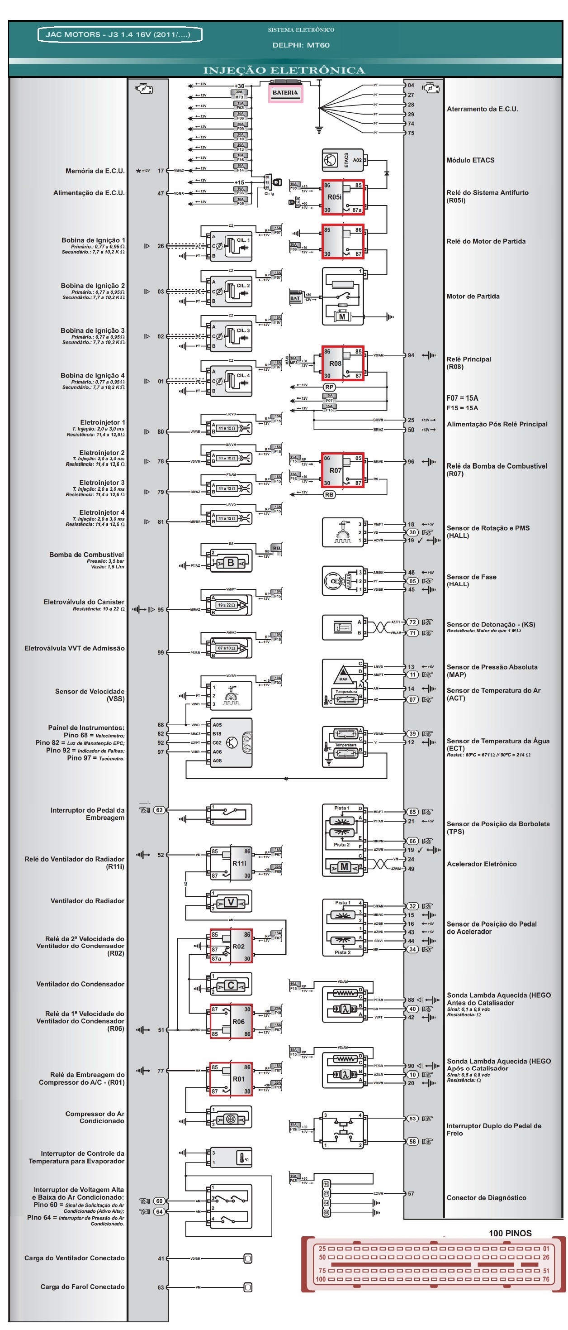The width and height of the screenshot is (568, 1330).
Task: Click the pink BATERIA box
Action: [x=285, y=93]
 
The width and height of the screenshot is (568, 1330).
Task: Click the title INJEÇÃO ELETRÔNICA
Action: [x=284, y=70]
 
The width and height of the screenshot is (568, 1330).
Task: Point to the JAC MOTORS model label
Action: [x=120, y=34]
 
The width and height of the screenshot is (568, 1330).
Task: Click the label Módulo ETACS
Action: [x=470, y=160]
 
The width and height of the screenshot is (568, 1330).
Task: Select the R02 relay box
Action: [x=230, y=946]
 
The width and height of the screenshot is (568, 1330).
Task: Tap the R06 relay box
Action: [x=230, y=1021]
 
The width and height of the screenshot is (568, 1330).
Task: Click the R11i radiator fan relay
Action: [x=230, y=863]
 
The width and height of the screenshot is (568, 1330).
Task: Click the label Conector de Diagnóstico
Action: [x=486, y=1197]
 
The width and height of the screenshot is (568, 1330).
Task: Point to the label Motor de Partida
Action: [x=473, y=297]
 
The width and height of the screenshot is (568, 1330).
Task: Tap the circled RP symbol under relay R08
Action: [x=329, y=387]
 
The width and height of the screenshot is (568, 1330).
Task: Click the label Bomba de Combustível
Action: [x=87, y=555]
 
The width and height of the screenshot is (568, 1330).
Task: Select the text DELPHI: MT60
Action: [x=301, y=45]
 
